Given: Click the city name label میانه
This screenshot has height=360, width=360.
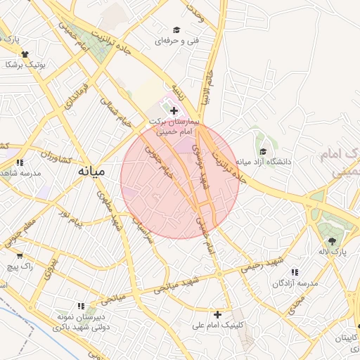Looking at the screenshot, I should point(91,171).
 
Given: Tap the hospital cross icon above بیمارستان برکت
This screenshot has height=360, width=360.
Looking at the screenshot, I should point(174,110).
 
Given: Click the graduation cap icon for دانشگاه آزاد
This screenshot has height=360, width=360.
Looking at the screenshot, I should point(263,151).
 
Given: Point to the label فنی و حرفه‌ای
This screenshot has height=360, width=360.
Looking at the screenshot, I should point(176,41).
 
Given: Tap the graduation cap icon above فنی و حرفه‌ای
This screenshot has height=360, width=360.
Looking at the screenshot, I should point(176,30).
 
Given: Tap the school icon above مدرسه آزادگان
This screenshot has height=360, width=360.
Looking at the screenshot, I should point(295,271).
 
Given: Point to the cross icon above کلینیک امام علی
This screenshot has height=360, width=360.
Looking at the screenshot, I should point(218,314).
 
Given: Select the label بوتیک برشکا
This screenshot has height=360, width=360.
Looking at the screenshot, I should point(25,65).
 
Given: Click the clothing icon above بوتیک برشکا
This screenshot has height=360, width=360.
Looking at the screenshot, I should point(25,54).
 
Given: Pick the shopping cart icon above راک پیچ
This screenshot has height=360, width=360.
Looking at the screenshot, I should point(20,255).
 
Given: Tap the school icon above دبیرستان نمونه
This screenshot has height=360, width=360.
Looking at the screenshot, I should point(82,307).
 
